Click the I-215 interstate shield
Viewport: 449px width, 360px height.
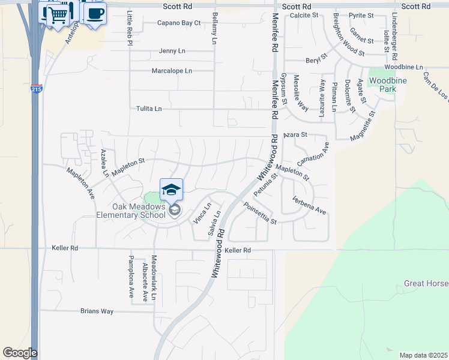pos(36,90)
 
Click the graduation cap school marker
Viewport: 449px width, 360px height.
pos(171,189)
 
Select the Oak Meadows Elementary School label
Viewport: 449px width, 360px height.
pos(131,210)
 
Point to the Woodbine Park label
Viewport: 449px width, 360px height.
pos(382,85)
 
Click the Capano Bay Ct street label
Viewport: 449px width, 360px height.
pos(179,23)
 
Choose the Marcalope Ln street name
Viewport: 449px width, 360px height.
pos(172,71)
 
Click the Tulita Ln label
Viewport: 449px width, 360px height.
pos(149,109)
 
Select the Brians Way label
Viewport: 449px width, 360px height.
pos(97,311)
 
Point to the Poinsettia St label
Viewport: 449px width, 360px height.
pos(260,214)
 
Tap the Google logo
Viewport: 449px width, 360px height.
pos(20,353)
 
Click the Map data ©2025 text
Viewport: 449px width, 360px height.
pos(423,355)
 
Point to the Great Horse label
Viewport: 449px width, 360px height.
pos(426,283)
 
